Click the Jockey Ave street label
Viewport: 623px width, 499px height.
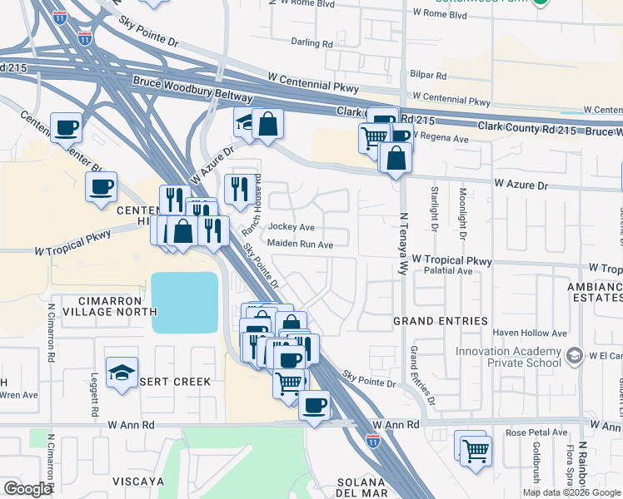[x=291, y=227]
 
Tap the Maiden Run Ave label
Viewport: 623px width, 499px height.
[x=300, y=245]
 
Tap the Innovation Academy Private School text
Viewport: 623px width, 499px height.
[x=509, y=357]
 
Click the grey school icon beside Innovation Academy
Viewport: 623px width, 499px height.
[x=573, y=357]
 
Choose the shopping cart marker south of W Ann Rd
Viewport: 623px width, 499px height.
[x=476, y=450]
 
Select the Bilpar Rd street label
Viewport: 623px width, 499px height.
[x=429, y=75]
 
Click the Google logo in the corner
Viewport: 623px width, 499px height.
[x=27, y=489]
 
